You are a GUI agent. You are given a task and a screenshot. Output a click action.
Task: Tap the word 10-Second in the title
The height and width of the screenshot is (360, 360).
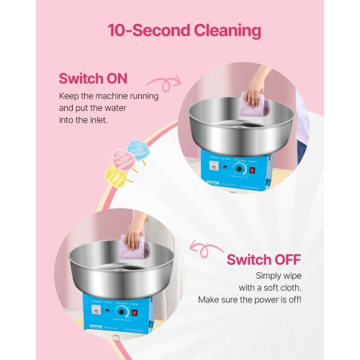[x=141, y=31]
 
